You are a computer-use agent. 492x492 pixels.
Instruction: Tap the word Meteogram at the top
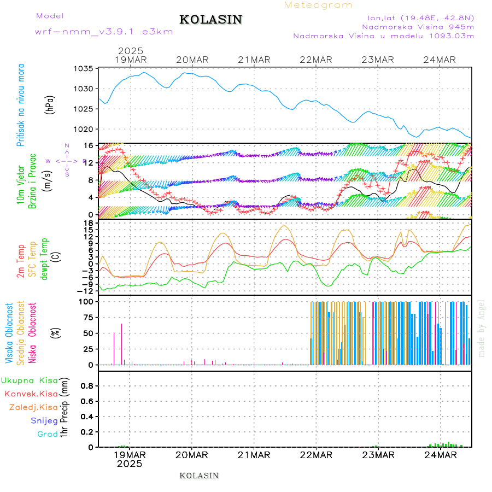(x=319, y=5)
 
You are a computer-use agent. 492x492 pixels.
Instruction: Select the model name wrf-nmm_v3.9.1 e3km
(x=104, y=32)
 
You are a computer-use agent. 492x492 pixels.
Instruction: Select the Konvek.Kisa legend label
(x=31, y=394)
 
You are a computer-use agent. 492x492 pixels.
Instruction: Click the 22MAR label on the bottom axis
(x=317, y=455)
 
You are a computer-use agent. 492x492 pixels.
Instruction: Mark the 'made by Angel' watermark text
(x=482, y=328)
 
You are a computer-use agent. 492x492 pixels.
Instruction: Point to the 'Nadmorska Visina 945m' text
(x=418, y=26)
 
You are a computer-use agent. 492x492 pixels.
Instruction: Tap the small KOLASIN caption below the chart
(x=199, y=476)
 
